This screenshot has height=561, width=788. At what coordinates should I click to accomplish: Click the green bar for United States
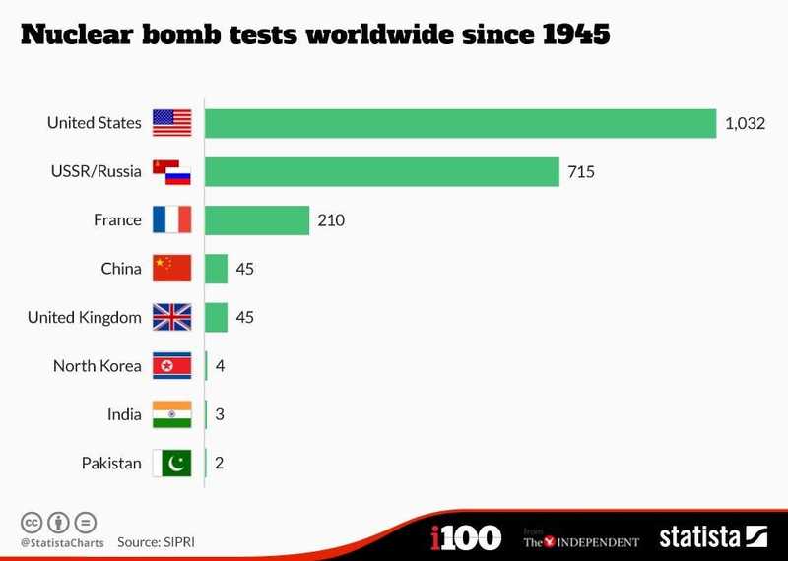[460, 123]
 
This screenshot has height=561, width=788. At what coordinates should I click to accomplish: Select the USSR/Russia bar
[382, 172]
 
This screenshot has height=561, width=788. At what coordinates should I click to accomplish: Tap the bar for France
[257, 220]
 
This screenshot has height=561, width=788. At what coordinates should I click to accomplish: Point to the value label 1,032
[745, 124]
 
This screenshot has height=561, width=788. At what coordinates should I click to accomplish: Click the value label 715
[581, 172]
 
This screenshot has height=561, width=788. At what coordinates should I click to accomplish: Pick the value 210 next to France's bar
[331, 220]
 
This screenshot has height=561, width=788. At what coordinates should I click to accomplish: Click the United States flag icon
[171, 123]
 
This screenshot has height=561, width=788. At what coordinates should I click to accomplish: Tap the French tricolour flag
[171, 220]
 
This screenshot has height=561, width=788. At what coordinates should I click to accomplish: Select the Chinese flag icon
[171, 269]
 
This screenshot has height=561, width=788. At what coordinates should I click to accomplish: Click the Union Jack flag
[171, 318]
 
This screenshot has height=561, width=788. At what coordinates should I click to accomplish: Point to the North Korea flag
[171, 366]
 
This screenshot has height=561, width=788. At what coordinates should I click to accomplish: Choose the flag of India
[171, 414]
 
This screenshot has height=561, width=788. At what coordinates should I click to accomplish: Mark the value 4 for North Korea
[221, 366]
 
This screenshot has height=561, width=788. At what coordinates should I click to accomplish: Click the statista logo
[712, 537]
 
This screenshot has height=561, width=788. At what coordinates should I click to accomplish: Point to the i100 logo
[466, 537]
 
